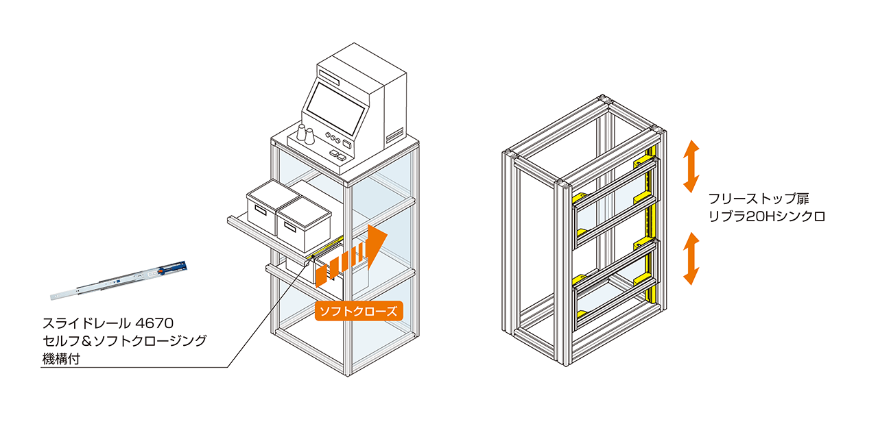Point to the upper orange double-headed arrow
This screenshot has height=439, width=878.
[x=691, y=166]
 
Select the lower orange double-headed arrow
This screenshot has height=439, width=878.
[x=691, y=258]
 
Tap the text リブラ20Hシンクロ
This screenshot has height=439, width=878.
[x=767, y=217]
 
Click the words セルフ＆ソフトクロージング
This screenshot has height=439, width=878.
[x=123, y=340]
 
